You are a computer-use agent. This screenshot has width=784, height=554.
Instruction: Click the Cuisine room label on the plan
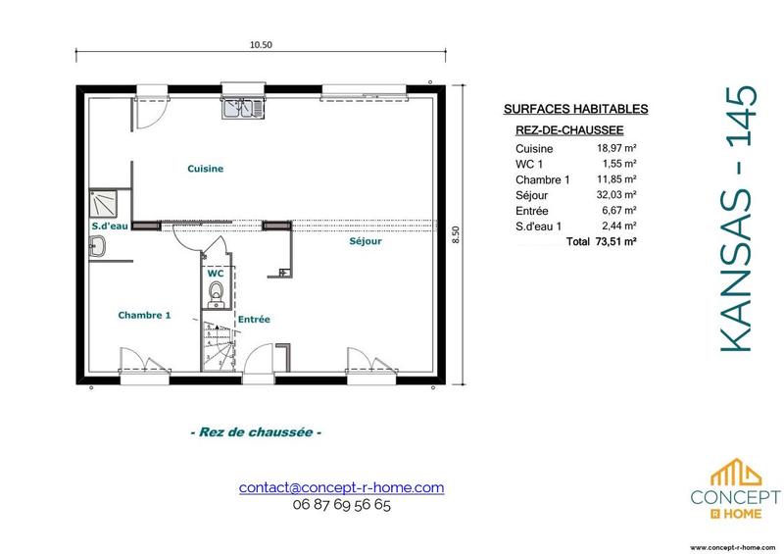[206, 169]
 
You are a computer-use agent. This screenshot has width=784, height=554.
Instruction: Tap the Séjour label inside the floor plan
[365, 241]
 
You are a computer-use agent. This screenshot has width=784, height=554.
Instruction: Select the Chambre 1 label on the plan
[144, 315]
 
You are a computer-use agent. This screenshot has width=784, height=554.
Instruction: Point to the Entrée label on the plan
[254, 320]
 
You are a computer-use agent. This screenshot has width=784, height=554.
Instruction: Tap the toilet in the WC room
[217, 290]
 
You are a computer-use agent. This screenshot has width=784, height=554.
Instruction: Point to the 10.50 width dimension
[261, 44]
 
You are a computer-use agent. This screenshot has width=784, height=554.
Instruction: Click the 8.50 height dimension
[455, 235]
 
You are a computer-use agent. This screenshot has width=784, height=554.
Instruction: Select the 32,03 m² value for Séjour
[618, 195]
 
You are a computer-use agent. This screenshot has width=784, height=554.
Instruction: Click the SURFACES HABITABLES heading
[562, 111]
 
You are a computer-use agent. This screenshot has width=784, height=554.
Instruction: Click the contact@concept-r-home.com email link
[341, 487]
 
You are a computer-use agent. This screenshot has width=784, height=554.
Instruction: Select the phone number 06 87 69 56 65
[341, 506]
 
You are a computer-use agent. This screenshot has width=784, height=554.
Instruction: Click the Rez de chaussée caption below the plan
[255, 432]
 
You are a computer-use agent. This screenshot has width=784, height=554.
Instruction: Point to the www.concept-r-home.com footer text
[734, 547]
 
